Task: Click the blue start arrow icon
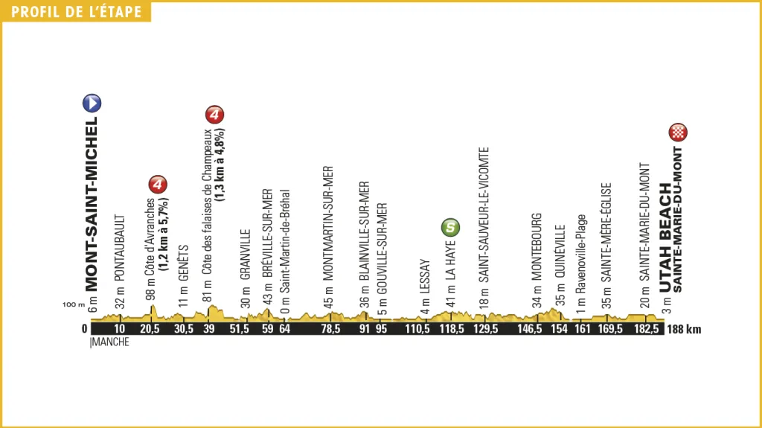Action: (x=93, y=103)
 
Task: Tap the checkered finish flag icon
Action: (x=679, y=132)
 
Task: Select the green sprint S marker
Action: (x=450, y=226)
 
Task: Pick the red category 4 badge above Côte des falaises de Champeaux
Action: (x=214, y=115)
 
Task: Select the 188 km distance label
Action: (x=685, y=329)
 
